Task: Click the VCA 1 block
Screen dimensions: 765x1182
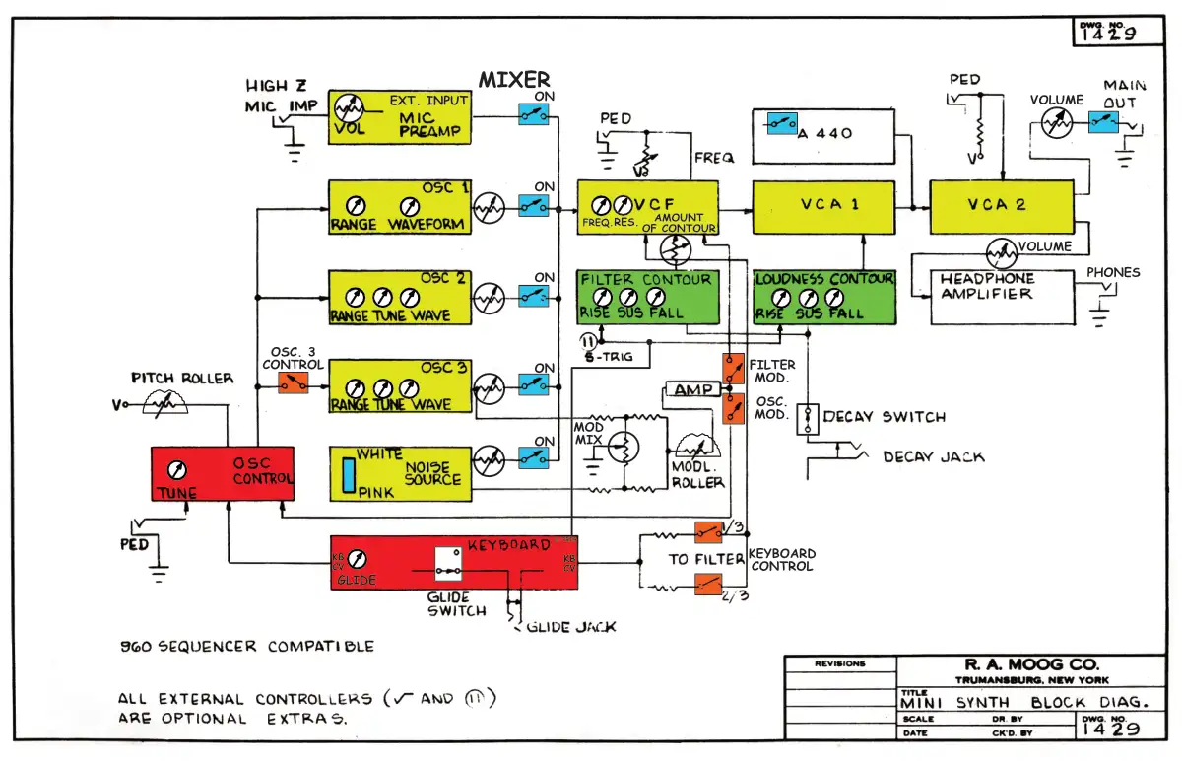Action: [x=822, y=205]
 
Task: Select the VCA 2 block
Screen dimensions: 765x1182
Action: [x=1001, y=205]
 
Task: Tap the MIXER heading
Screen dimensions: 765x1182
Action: [x=514, y=80]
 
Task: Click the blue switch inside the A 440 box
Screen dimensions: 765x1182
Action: [x=782, y=124]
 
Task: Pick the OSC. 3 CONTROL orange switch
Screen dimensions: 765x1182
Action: [x=293, y=382]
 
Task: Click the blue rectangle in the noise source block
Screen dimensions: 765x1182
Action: [x=349, y=474]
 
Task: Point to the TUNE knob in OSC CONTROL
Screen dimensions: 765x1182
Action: [x=178, y=470]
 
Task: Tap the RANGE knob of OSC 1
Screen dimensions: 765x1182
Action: [x=358, y=206]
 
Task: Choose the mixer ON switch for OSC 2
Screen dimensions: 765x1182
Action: [x=534, y=296]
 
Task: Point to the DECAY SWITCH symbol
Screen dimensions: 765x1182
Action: [x=808, y=417]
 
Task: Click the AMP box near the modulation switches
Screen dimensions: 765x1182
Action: [x=693, y=390]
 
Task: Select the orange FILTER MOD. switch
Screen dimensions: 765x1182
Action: [x=734, y=369]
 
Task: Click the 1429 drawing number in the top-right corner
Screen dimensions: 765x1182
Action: [x=1106, y=33]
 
